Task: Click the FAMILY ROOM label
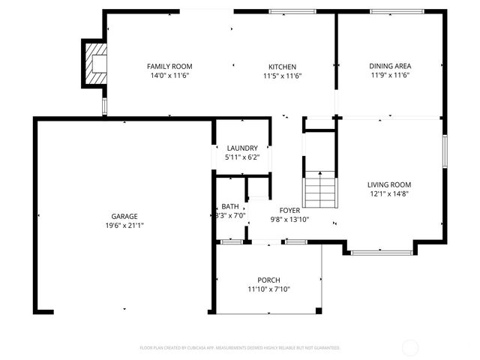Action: click(x=169, y=66)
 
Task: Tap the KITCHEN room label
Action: click(x=283, y=66)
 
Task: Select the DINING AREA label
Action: click(x=389, y=66)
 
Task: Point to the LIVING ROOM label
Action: click(x=388, y=184)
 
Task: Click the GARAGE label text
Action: click(x=124, y=216)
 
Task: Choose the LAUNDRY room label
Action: click(x=242, y=148)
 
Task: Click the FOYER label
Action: click(x=289, y=211)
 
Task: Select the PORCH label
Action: click(x=268, y=280)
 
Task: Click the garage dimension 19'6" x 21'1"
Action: click(x=124, y=225)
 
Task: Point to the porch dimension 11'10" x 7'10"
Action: click(x=268, y=289)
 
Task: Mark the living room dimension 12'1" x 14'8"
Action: click(x=388, y=193)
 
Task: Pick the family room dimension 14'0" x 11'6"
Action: click(x=169, y=75)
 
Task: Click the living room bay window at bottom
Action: click(x=381, y=253)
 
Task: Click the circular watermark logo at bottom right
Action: click(x=410, y=347)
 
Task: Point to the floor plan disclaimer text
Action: click(x=240, y=348)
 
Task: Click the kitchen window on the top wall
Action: click(x=292, y=11)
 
